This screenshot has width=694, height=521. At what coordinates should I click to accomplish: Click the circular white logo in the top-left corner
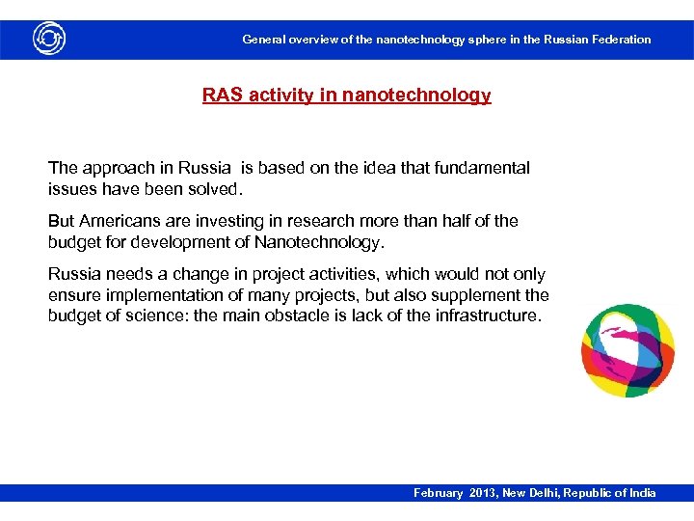[48, 39]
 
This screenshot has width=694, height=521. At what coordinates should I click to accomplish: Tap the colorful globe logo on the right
[627, 351]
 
